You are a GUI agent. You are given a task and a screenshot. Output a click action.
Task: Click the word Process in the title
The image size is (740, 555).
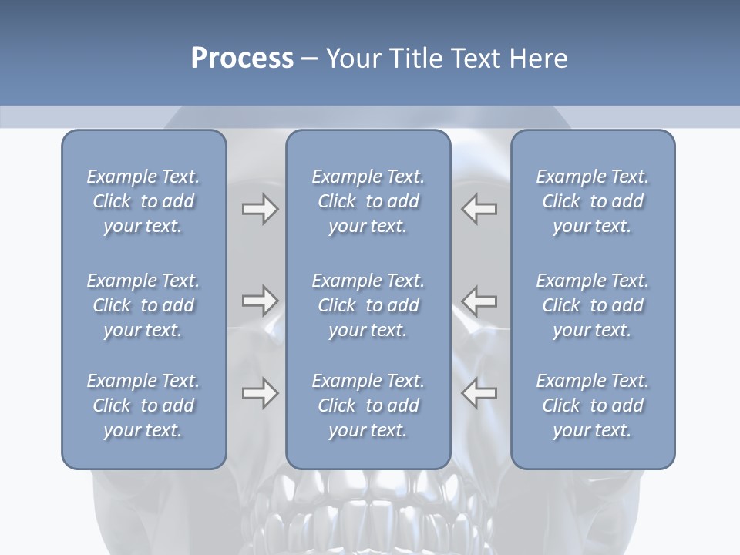pyautogui.click(x=242, y=59)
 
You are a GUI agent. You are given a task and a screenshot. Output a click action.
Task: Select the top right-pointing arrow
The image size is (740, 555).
pyautogui.click(x=260, y=209)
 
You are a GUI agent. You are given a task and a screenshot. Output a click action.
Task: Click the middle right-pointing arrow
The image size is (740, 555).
pyautogui.click(x=260, y=300)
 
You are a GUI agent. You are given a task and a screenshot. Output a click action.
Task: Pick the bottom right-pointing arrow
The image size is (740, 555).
pyautogui.click(x=260, y=393)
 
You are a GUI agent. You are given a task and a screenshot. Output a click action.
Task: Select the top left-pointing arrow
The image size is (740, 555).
pyautogui.click(x=479, y=209)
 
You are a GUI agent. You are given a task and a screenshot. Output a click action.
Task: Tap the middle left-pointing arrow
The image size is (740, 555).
pyautogui.click(x=479, y=300)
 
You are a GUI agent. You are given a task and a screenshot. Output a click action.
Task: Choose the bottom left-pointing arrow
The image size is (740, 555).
pyautogui.click(x=479, y=393)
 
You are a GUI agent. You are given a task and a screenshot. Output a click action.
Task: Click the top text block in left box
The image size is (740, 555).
pyautogui.click(x=143, y=201)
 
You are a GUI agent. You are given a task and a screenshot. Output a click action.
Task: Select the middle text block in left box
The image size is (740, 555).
pyautogui.click(x=143, y=305)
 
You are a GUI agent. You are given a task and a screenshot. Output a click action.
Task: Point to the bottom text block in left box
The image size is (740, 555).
pyautogui.click(x=143, y=405)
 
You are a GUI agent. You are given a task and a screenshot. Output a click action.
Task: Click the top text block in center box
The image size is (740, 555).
pyautogui.click(x=368, y=201)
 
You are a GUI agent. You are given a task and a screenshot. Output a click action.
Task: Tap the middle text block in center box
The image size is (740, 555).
pyautogui.click(x=368, y=305)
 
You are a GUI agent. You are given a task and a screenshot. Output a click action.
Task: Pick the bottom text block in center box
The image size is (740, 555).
pyautogui.click(x=368, y=405)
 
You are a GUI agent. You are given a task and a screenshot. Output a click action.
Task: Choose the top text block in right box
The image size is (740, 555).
pyautogui.click(x=592, y=201)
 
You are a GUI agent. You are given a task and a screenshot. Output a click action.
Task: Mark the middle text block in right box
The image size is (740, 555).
pyautogui.click(x=592, y=305)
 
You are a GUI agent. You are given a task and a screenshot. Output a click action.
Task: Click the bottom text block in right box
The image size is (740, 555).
pyautogui.click(x=592, y=405)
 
